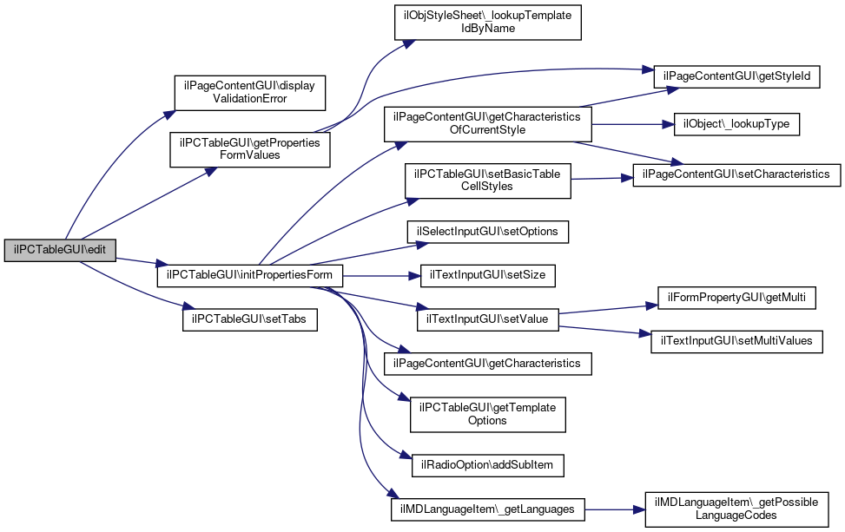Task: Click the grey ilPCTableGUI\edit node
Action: [60, 250]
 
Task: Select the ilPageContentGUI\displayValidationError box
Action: [249, 92]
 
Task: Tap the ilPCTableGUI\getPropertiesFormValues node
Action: [249, 148]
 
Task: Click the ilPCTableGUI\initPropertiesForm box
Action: [249, 276]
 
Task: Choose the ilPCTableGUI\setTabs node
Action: [249, 319]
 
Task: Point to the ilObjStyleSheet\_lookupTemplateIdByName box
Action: [487, 22]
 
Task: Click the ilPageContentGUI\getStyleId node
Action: [736, 76]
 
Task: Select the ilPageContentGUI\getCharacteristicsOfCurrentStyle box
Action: [487, 123]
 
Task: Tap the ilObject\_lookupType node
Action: [736, 124]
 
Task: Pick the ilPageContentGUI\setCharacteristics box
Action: [736, 174]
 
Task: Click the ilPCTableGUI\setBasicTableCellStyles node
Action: [487, 181]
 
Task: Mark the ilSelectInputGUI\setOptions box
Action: [487, 233]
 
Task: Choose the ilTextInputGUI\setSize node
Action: [487, 276]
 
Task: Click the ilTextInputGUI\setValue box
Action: [487, 319]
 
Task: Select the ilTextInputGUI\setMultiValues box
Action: [736, 341]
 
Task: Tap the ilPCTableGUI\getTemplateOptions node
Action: [487, 414]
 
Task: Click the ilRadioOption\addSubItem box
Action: [487, 465]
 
